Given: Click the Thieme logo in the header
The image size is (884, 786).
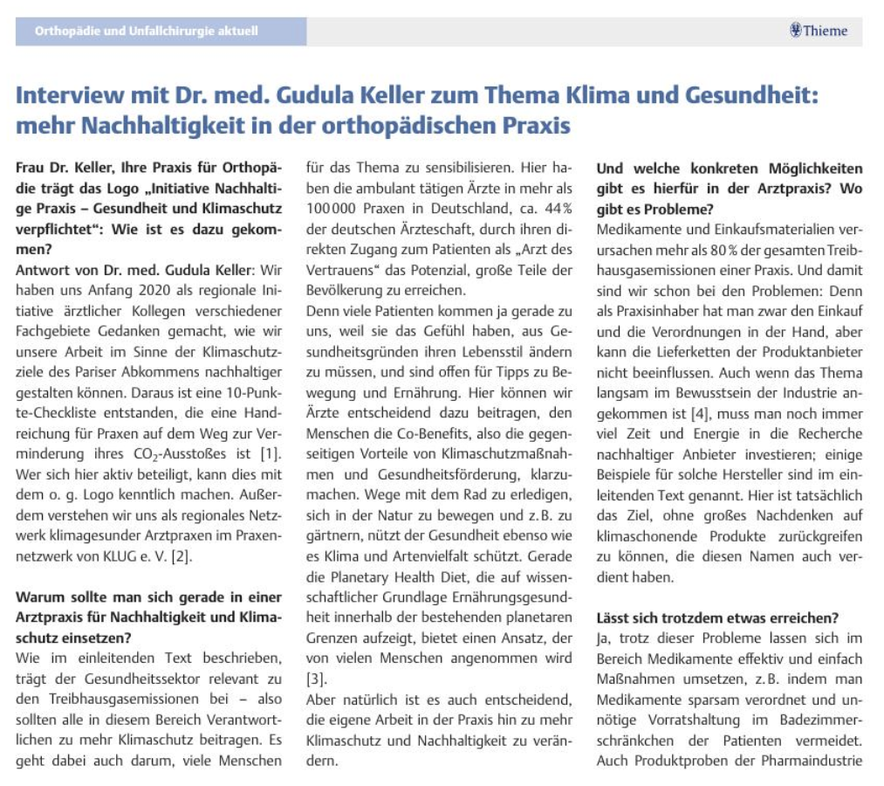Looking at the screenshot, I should (x=818, y=31).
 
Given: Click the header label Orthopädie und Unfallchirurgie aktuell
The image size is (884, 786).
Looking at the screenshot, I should (x=147, y=31).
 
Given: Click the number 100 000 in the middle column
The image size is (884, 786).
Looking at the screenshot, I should (x=332, y=210).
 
